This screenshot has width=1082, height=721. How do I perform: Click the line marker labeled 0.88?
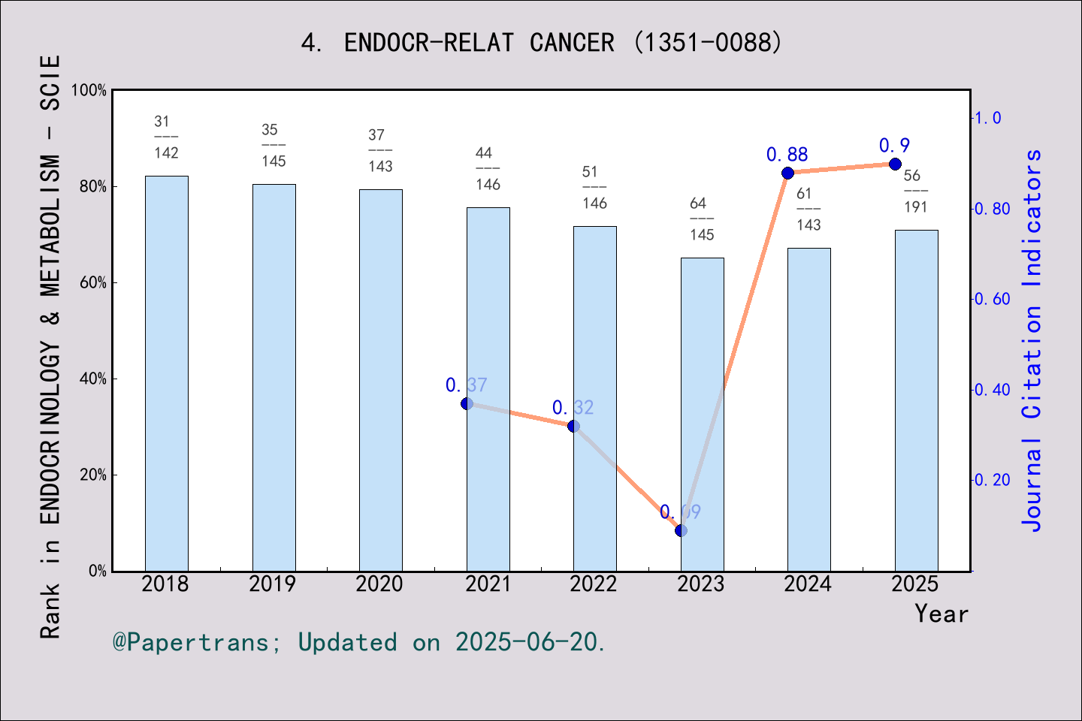click(x=787, y=173)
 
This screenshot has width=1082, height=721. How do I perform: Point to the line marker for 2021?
click(x=467, y=403)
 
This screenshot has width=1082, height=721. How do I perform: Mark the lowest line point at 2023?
click(x=681, y=531)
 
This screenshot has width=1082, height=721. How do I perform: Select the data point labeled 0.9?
click(x=895, y=164)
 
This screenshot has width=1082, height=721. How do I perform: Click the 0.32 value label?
click(x=573, y=408)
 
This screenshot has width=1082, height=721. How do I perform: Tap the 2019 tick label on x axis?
click(x=273, y=584)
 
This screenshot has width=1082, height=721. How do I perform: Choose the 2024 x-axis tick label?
click(x=808, y=584)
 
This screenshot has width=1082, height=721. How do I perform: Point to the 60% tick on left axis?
click(x=93, y=283)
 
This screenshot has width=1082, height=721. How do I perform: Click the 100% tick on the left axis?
click(x=89, y=90)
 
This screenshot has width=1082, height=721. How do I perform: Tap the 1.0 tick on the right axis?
click(x=988, y=118)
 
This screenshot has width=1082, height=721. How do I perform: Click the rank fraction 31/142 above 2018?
click(x=166, y=137)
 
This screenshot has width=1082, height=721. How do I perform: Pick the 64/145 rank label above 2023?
click(x=702, y=219)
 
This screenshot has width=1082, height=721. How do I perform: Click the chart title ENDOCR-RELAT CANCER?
click(x=542, y=43)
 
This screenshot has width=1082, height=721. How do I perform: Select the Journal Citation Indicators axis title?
click(x=1032, y=340)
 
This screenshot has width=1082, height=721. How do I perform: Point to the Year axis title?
click(x=941, y=614)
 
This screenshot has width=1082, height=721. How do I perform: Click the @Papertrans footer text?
click(x=359, y=642)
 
